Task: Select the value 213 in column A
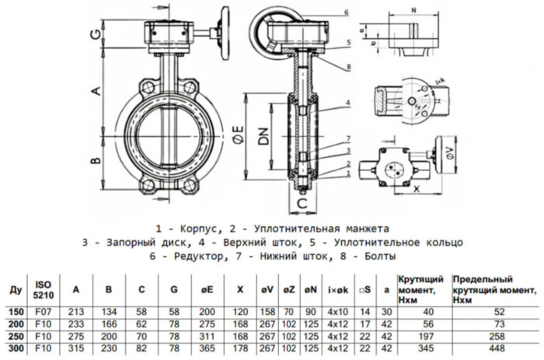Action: click(77, 312)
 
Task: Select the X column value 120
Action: click(240, 312)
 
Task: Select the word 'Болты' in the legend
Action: click(378, 255)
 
